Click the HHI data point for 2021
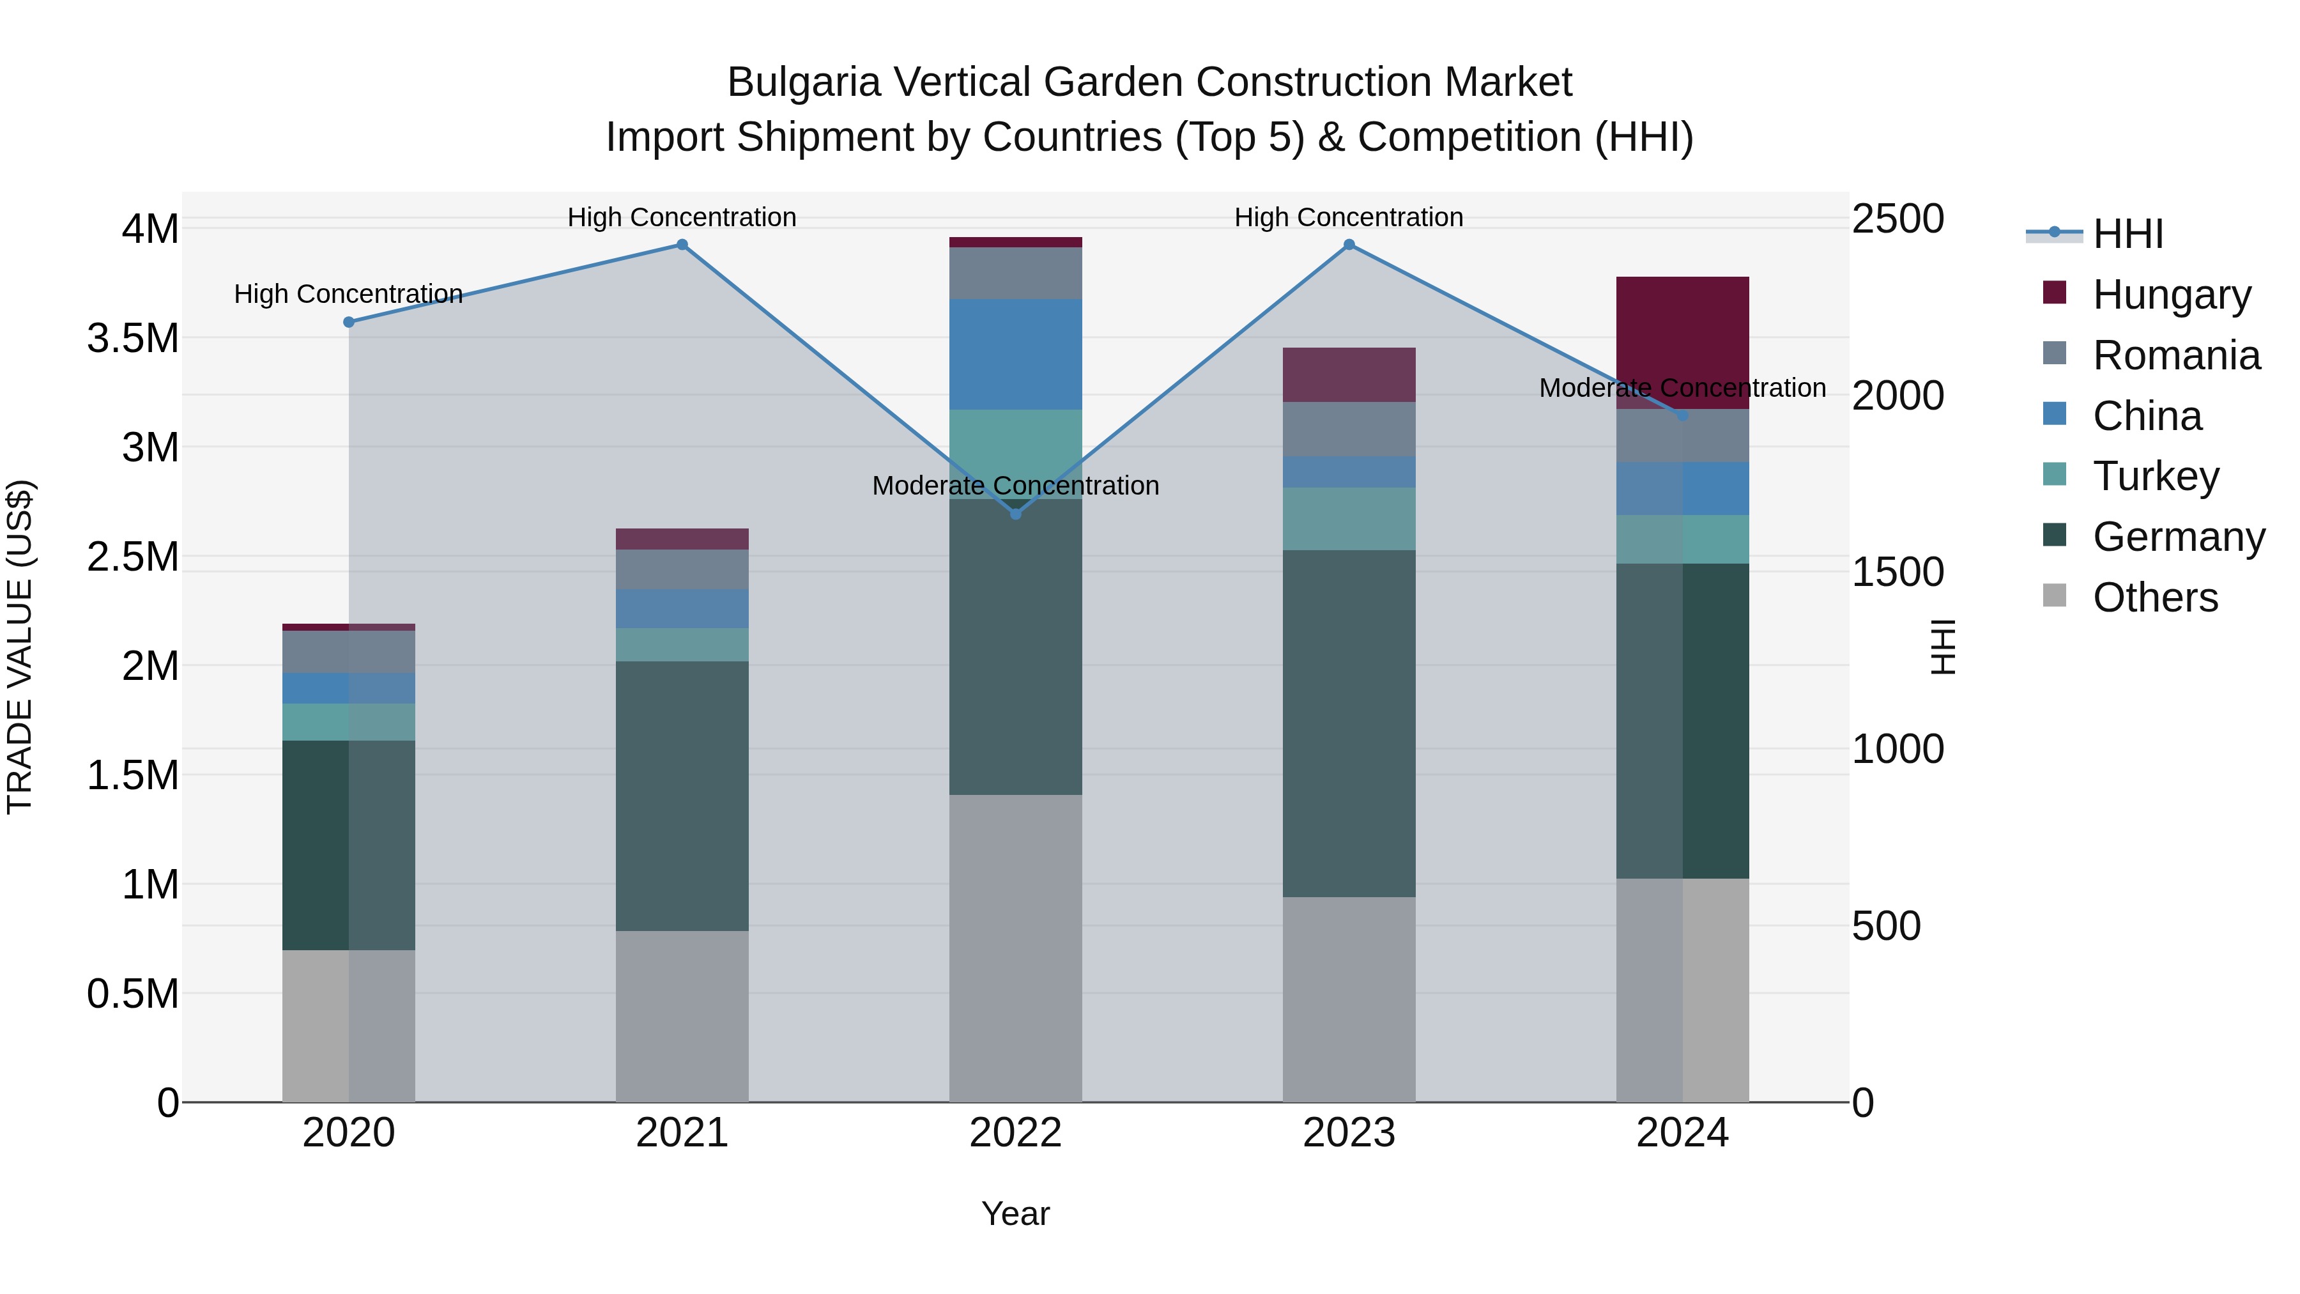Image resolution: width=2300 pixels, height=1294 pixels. point(682,245)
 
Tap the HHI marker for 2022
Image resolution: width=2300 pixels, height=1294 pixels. point(1015,514)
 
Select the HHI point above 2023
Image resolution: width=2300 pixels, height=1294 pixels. point(1349,245)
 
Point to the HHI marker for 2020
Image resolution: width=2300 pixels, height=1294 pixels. point(349,323)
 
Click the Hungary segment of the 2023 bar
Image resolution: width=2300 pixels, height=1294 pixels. point(1349,374)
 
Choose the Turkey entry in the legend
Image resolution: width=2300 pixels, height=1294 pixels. point(2156,476)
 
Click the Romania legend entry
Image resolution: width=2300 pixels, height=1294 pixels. point(2175,355)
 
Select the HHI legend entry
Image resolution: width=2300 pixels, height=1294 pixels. point(2127,234)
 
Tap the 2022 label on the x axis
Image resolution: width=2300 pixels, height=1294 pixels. point(1015,1132)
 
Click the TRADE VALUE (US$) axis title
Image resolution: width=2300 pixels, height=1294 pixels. point(20,647)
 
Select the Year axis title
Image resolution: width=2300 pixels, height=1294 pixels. point(1015,1213)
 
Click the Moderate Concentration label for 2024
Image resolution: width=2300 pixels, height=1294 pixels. point(1682,388)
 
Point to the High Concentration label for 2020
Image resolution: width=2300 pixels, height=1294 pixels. point(348,294)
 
